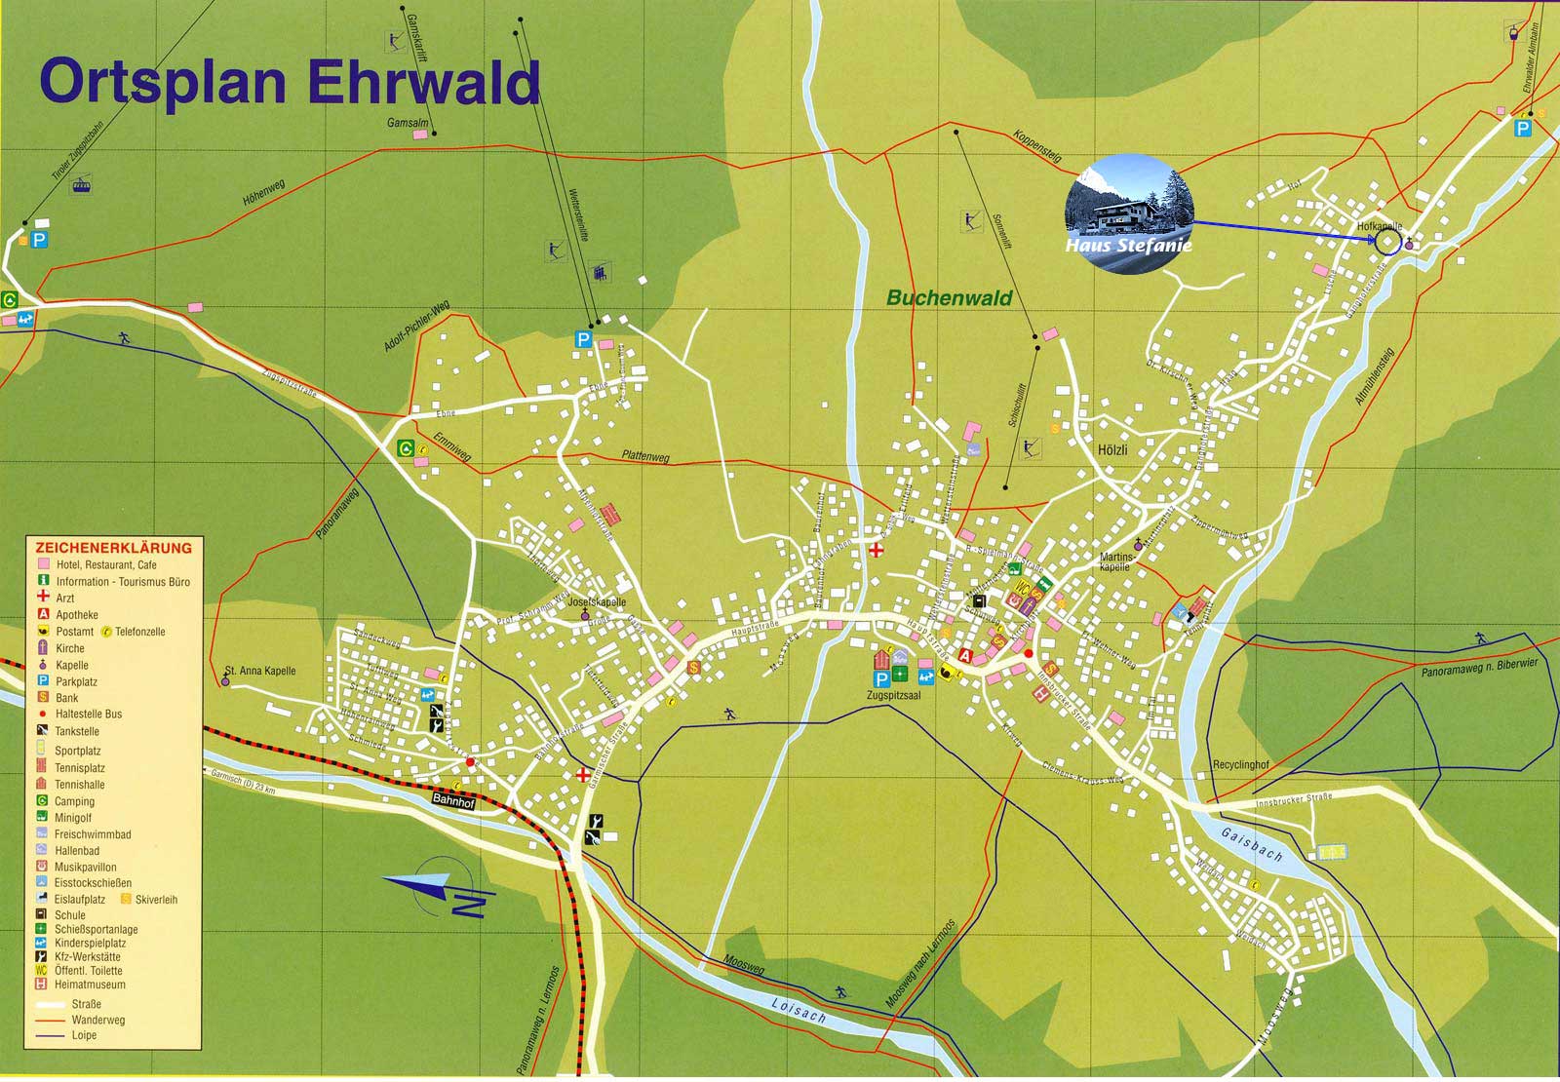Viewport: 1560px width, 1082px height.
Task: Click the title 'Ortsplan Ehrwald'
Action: [x=289, y=82]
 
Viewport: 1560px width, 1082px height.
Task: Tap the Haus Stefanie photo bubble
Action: [x=1129, y=213]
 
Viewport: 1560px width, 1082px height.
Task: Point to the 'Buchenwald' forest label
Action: [x=949, y=298]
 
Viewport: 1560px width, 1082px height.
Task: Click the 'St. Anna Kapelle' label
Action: [x=259, y=671]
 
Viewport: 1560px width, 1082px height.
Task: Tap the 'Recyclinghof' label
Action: [x=1240, y=765]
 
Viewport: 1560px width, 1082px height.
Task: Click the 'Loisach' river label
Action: [x=798, y=1009]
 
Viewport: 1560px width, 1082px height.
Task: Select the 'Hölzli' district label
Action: [x=1111, y=450]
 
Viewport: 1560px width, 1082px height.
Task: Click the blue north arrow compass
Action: [x=439, y=889]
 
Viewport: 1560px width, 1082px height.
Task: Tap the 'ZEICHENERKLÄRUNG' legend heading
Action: [x=113, y=548]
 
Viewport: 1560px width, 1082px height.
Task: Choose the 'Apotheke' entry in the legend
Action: [x=77, y=615]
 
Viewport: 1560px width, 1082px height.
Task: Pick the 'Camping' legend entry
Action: [x=74, y=801]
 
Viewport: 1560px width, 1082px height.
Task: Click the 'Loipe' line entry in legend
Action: [x=84, y=1035]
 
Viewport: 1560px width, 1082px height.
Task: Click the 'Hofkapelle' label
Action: [x=1379, y=226]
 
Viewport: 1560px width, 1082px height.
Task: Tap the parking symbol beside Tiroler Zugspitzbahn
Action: [x=40, y=239]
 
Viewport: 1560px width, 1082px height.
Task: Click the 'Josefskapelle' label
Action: [x=596, y=602]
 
